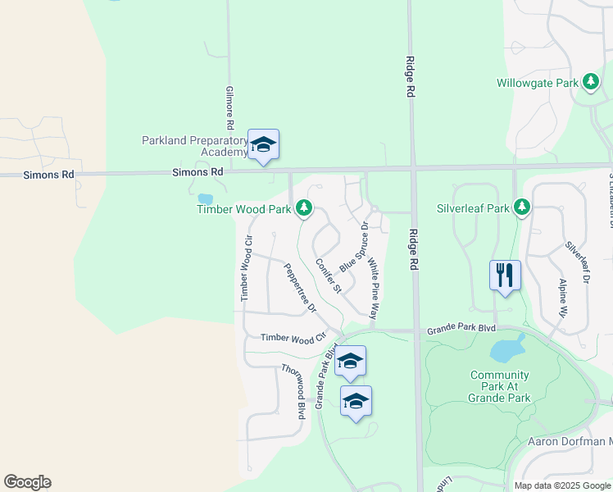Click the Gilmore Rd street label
(231, 106)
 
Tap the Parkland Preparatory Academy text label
(195, 146)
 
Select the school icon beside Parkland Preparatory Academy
(263, 144)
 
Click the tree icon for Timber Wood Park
(304, 208)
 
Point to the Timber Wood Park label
(244, 210)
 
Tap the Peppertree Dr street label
(300, 288)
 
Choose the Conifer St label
(328, 276)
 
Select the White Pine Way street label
(373, 289)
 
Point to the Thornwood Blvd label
(293, 391)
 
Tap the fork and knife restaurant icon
(505, 274)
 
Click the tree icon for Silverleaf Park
(520, 207)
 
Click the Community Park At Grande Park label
(500, 386)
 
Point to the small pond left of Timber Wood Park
(205, 198)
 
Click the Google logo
(27, 482)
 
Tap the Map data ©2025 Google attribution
(562, 485)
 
